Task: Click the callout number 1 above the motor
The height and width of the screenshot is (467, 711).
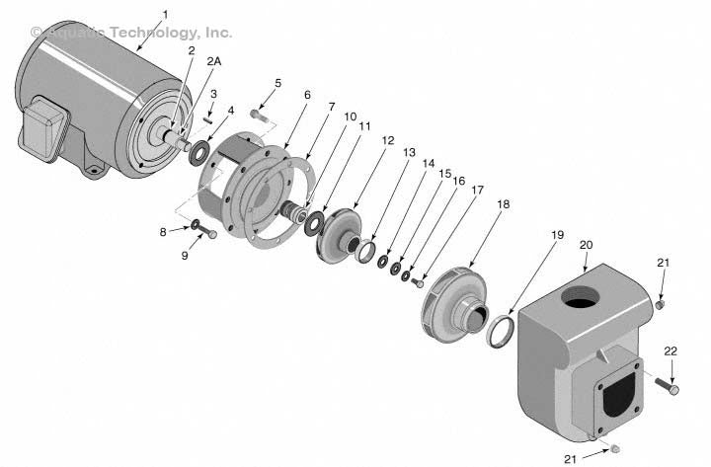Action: click(165, 14)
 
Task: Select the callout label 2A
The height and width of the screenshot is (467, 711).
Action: click(213, 61)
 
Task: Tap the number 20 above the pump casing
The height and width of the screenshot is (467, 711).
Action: click(586, 243)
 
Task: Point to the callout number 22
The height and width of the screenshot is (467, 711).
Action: click(671, 352)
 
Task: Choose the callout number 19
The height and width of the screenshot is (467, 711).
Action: click(557, 235)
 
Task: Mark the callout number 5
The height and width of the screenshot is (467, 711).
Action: click(277, 83)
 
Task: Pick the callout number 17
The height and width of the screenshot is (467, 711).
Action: click(476, 191)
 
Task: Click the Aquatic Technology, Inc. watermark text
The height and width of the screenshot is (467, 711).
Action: click(131, 33)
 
